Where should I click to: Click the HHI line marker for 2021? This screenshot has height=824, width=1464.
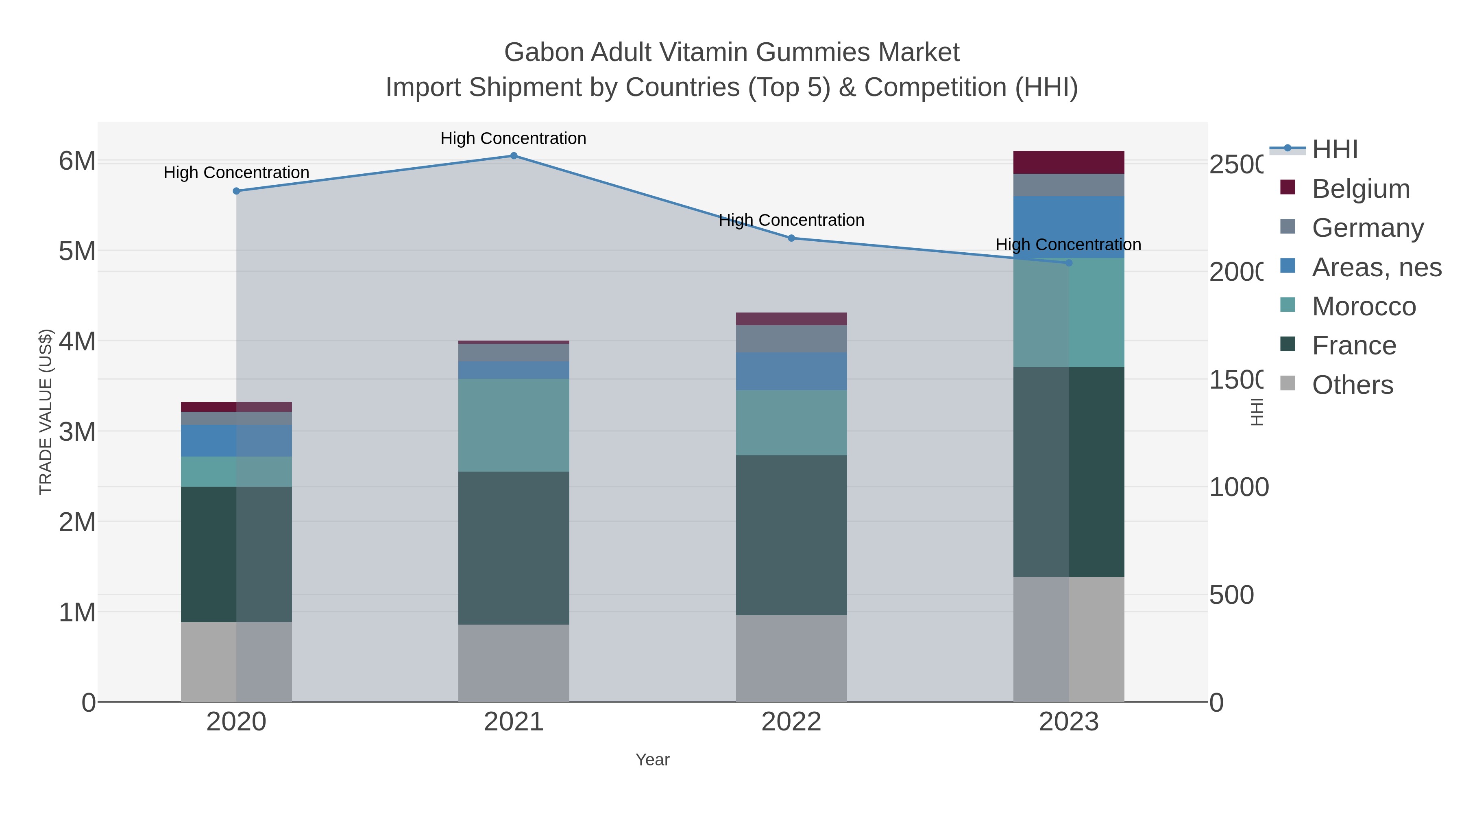pos(513,155)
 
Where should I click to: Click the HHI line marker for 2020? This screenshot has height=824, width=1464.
pos(236,191)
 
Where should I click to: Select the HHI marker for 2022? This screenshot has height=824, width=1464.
pos(791,238)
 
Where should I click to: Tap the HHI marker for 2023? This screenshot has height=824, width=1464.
pos(1068,263)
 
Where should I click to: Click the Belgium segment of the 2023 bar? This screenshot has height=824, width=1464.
pos(1068,163)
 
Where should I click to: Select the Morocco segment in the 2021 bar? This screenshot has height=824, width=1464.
pos(513,425)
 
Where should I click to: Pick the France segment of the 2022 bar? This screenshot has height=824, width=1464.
pos(791,535)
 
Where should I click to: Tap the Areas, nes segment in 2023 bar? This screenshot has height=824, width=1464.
pos(1068,227)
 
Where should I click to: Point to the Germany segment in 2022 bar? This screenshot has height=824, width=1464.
pos(791,339)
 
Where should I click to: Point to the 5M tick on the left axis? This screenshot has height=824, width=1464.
pos(77,251)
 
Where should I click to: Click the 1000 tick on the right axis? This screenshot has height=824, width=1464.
pos(1238,487)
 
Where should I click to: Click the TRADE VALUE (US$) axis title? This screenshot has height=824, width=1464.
pos(46,412)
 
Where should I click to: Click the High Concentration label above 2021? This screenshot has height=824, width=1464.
pos(513,138)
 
